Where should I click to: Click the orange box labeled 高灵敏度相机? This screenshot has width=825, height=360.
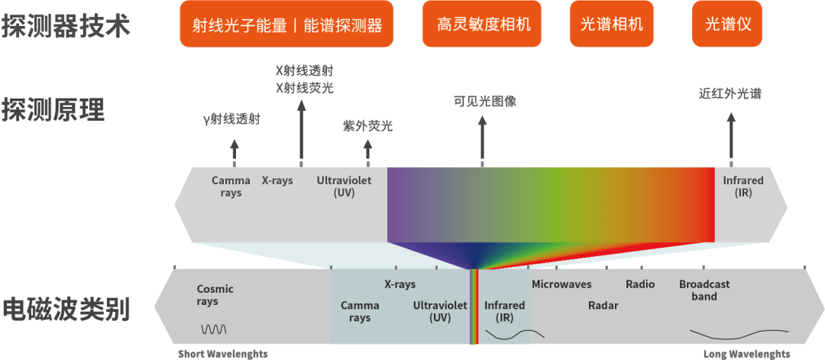click(x=484, y=24)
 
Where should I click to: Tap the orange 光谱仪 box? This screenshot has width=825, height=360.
click(x=728, y=24)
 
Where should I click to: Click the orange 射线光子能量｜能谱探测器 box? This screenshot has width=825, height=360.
click(x=286, y=24)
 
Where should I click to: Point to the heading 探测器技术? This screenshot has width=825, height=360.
click(x=66, y=26)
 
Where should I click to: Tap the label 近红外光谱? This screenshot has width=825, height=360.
click(x=730, y=94)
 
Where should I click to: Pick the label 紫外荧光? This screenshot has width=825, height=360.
click(x=367, y=126)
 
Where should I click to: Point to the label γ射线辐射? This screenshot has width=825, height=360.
click(x=231, y=119)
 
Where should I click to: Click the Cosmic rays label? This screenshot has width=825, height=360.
click(x=215, y=295)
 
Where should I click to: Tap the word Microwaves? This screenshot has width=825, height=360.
click(x=561, y=284)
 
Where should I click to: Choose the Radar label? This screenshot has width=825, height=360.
click(x=603, y=306)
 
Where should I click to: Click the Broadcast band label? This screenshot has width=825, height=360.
click(x=704, y=290)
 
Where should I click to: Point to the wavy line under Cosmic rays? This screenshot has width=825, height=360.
click(x=214, y=329)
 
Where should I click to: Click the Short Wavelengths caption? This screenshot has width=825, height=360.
click(x=223, y=354)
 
